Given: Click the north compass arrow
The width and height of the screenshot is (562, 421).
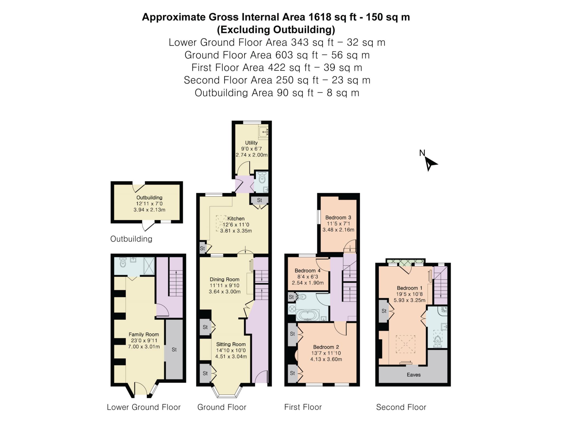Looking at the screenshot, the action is tap(430, 164).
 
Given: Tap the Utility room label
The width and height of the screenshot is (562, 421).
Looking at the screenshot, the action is tap(251, 143).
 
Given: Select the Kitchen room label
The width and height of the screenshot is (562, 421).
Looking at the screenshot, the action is tap(236, 218).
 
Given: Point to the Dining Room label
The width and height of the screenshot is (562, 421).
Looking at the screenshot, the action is tap(224, 279).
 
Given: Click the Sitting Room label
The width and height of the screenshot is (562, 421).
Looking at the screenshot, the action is tap(231, 344).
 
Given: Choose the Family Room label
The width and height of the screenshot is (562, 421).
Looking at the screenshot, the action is tap(144, 334).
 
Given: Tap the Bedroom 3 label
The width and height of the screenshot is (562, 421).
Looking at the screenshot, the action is tap(338, 217).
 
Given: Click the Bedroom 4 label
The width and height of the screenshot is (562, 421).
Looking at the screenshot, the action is tap(307, 271).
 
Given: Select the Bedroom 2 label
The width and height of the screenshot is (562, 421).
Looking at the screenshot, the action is tap(326, 347).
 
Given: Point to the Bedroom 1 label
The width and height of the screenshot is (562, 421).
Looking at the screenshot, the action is tap(409, 288).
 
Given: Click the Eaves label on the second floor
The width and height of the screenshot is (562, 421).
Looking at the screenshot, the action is tap(414, 375).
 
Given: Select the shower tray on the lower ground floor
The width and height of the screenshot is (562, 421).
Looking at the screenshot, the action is tap(149, 266).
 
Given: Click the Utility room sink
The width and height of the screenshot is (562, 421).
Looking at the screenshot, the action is tap(263, 132).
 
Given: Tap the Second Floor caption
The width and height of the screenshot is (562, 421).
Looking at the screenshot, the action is tap(401, 407).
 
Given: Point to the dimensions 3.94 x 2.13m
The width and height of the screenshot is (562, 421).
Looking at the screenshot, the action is tap(149, 210).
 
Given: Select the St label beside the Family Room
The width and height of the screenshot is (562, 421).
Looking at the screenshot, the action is tap(174, 349).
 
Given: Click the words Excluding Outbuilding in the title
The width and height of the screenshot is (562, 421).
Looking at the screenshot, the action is tap(276, 30).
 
